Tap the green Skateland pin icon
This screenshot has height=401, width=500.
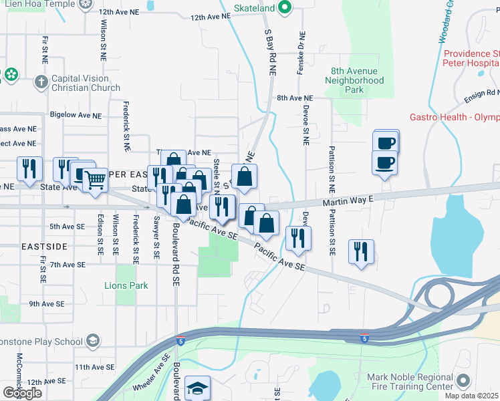284,7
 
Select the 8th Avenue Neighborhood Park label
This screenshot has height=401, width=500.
354,80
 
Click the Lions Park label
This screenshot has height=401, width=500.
126,285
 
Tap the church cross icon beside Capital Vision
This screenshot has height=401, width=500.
41,82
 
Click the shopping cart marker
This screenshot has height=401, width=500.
95,179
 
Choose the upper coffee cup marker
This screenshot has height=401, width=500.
386,142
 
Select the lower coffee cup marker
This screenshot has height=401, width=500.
385,163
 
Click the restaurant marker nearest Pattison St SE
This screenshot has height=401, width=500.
361,252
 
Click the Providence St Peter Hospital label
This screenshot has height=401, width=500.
471,58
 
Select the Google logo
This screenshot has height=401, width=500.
22,392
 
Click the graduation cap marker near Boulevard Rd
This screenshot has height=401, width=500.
199,388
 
